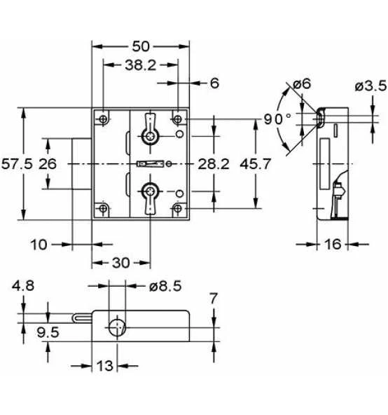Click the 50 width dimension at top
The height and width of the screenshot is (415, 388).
click(141, 46)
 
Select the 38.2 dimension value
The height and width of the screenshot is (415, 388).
click(141, 65)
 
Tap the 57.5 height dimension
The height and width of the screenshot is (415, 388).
click(18, 164)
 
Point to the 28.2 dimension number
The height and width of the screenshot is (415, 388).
click(214, 164)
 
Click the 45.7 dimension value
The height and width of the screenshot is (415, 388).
click(256, 164)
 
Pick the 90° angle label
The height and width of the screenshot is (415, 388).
click(277, 119)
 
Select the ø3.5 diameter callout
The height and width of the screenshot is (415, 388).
click(370, 86)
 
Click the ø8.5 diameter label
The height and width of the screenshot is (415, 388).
click(165, 286)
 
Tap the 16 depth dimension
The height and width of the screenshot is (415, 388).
click(333, 244)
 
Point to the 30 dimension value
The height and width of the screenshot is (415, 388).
click(121, 263)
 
